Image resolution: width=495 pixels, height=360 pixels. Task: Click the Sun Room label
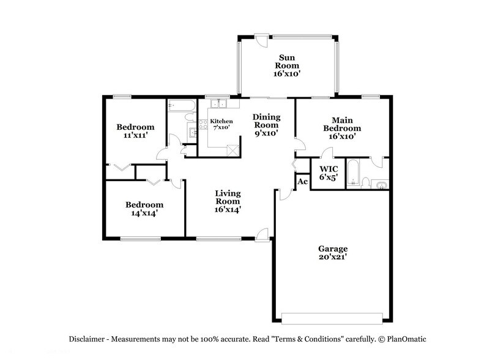point(286,65)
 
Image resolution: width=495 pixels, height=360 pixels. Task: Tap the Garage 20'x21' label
point(332,253)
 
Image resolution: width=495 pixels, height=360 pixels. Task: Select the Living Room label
point(227,201)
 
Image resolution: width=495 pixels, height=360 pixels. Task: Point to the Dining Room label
point(266,125)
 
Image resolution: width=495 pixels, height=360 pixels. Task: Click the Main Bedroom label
point(342,128)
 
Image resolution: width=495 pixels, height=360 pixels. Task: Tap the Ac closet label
point(302,182)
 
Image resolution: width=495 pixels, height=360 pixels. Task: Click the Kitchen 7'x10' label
point(221,125)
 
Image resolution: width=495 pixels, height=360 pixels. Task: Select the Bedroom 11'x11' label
point(135,132)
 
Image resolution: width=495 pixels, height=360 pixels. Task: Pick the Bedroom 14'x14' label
point(144,209)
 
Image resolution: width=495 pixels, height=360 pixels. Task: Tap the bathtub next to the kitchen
point(181,106)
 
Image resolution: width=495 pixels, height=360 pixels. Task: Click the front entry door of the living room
point(262,234)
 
